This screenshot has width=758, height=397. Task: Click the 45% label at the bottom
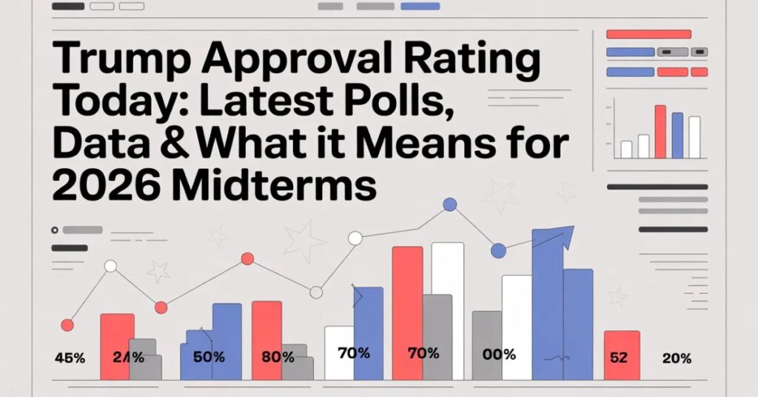coord(70,358)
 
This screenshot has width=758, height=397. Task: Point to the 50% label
coord(208,356)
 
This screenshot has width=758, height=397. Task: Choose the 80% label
coord(277,356)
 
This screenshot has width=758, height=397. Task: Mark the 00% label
coord(498,355)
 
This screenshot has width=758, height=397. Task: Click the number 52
coord(618,357)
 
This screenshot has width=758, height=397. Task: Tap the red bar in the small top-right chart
coord(660,132)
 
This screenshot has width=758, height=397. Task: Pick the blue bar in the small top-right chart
coord(677,136)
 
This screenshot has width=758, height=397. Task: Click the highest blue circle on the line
coord(449,204)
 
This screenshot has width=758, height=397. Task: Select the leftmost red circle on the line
coord(67,324)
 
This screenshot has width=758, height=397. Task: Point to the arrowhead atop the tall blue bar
coord(563,236)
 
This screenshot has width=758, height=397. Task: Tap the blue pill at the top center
coord(419,7)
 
